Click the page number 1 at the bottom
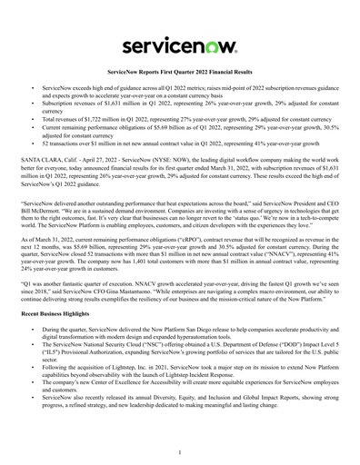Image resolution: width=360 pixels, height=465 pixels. tap(180, 451)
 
